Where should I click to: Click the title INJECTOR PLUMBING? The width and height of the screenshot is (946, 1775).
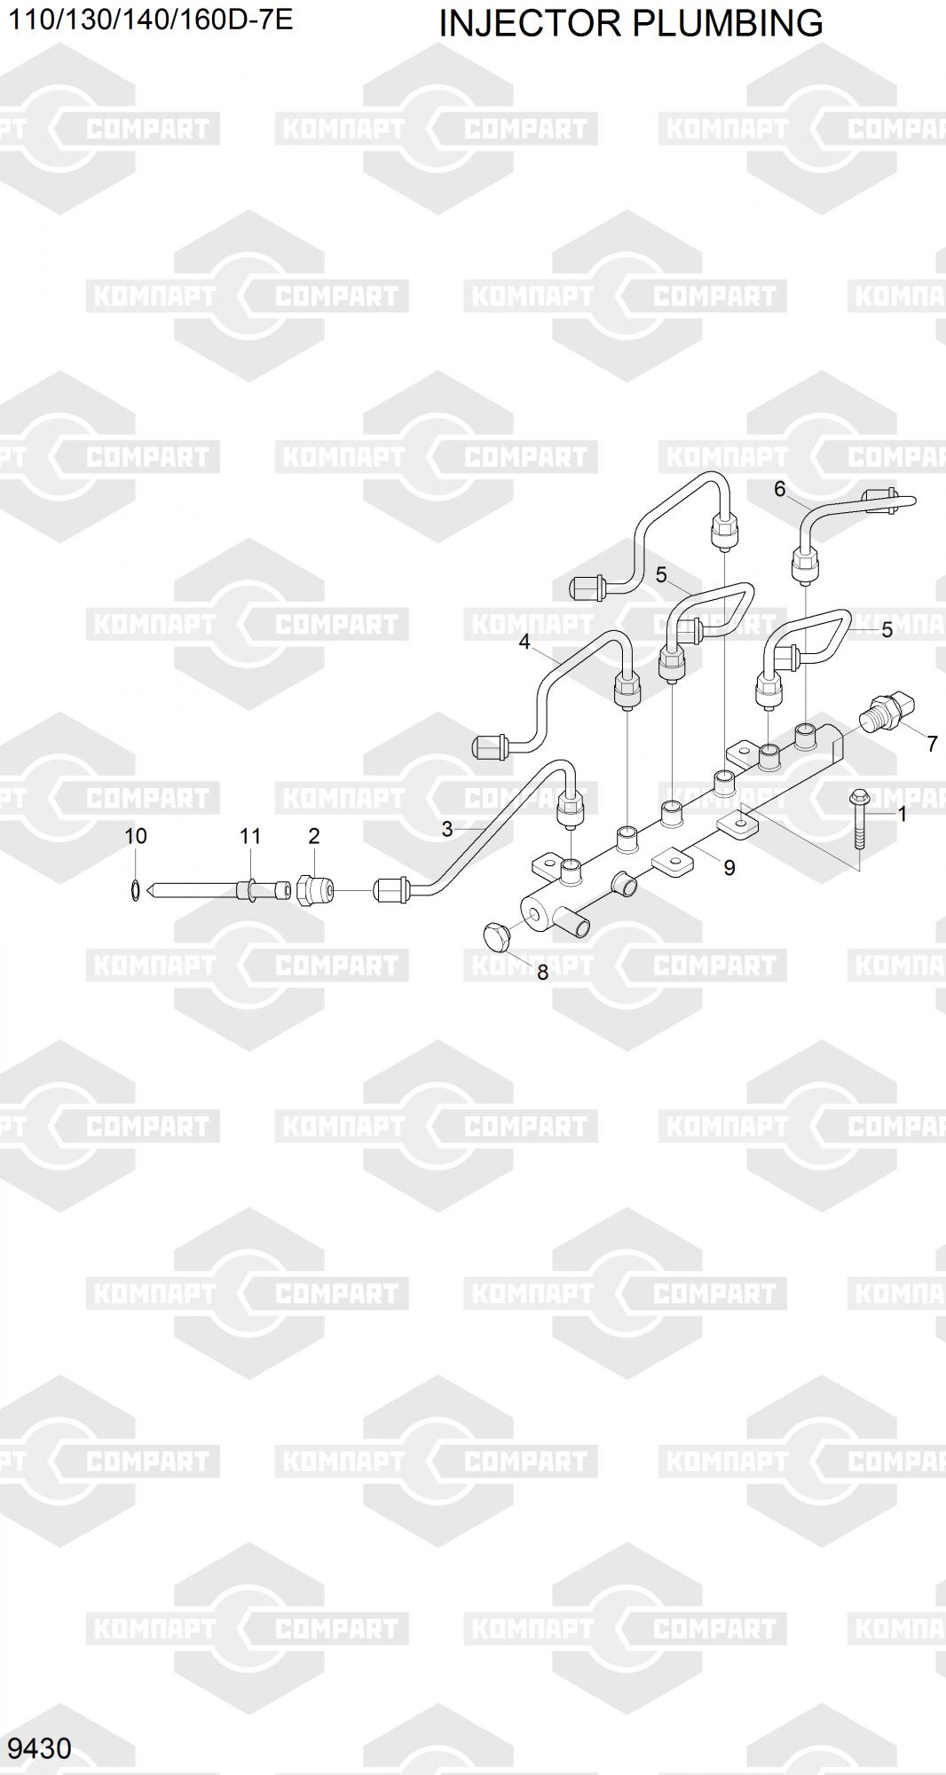point(630,24)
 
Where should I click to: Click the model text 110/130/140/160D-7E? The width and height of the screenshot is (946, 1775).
point(151,20)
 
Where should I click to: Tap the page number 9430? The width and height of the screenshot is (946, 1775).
point(39,1747)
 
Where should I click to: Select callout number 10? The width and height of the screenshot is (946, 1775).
point(135,836)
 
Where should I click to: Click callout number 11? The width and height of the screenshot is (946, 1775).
point(250,836)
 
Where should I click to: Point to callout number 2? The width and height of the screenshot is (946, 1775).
point(313,836)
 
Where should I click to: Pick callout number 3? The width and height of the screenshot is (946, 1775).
point(447,829)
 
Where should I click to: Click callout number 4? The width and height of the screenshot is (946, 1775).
point(524,642)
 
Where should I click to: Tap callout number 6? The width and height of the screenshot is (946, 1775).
point(780,489)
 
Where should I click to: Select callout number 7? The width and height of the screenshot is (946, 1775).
point(932,744)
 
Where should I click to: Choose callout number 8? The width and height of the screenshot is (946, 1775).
point(543,973)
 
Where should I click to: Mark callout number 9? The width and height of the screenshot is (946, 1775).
point(729,868)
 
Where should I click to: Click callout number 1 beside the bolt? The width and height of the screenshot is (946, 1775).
point(903,814)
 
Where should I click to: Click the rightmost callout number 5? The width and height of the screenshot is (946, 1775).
point(887,630)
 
